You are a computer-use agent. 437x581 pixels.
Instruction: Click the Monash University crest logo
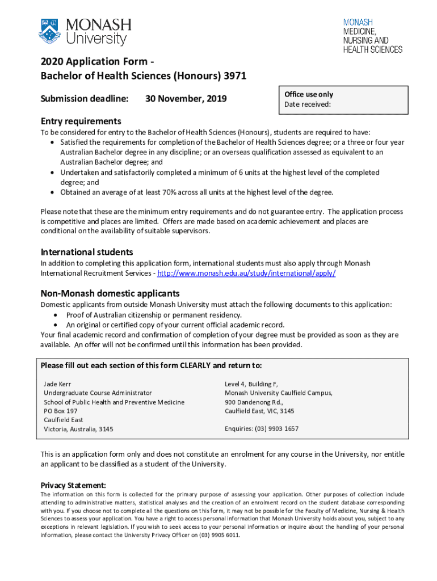pos(49,32)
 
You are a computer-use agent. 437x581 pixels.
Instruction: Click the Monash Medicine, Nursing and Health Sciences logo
pos(372,35)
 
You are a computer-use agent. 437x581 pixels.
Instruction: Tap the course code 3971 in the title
pos(234,76)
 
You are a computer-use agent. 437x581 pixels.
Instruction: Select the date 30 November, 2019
pos(186,99)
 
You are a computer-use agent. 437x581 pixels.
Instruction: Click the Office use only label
pos(309,94)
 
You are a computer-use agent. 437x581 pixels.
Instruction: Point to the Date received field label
pos(307,104)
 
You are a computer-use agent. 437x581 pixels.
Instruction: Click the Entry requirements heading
pos(81,121)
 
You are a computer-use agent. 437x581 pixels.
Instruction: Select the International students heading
pos(87,251)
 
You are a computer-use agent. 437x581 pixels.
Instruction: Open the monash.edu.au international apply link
pos(246,273)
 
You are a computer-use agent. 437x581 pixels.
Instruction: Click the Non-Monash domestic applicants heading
pos(110,293)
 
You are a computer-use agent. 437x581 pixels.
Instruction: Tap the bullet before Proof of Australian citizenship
pos(56,315)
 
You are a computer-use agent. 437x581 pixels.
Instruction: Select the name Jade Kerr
pos(57,384)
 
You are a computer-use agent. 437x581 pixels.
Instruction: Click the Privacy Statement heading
pos(73,485)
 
